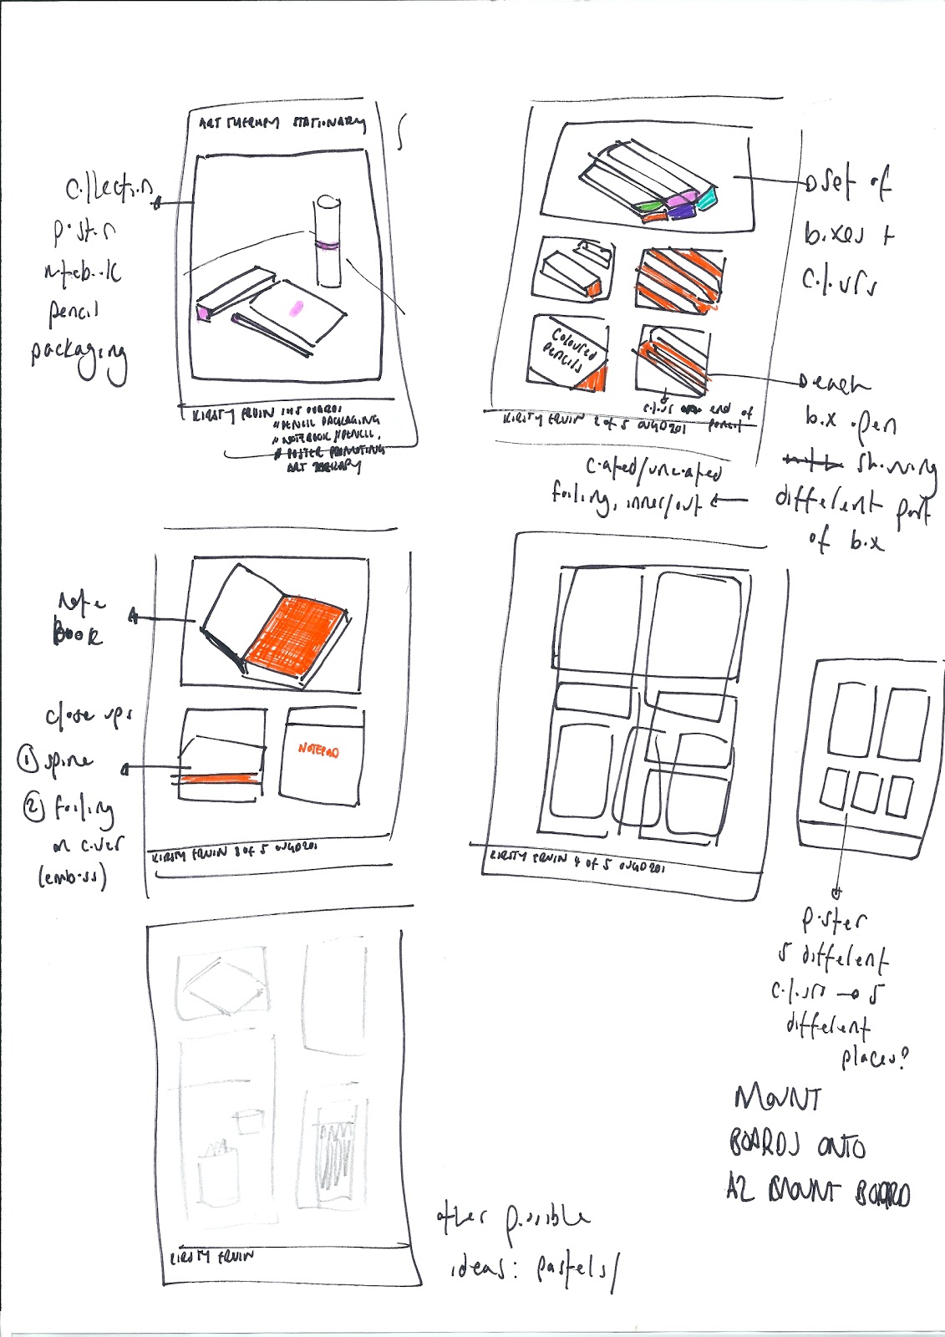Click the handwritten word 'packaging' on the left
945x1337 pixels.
(x=79, y=356)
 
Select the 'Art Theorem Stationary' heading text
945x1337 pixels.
(x=282, y=123)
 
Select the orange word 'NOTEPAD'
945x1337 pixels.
(x=318, y=750)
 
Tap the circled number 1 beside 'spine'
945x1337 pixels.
(x=28, y=760)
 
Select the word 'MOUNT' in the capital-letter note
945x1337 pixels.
(x=777, y=1097)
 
